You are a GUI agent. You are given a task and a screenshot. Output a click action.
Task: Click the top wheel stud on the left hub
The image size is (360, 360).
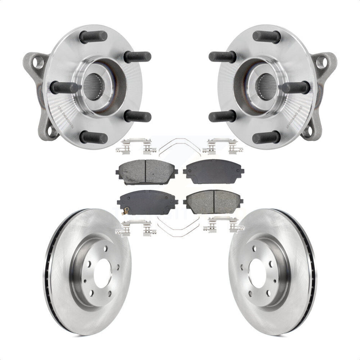click(x=93, y=36)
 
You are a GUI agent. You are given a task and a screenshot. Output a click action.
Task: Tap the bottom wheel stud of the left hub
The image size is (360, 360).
click(x=93, y=137)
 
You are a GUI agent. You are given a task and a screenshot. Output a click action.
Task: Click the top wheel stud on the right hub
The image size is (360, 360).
click(x=266, y=36)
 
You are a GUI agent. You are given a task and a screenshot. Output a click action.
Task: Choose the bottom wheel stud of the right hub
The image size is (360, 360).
click(x=266, y=137)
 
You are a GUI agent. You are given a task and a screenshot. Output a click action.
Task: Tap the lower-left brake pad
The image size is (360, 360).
click(x=143, y=202)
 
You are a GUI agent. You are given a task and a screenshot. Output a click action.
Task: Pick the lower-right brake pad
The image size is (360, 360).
click(x=214, y=202)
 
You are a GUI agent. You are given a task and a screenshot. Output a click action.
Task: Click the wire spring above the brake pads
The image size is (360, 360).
click(x=179, y=146)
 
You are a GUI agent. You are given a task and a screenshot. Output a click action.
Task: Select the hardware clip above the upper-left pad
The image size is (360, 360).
click(x=136, y=146)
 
